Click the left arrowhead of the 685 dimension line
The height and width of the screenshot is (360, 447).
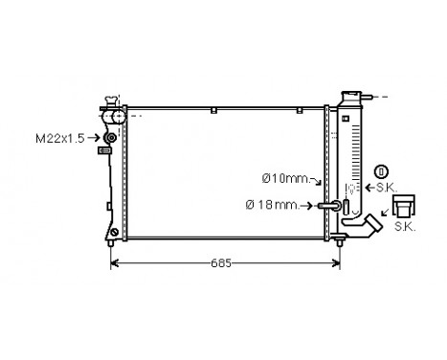click(117, 261)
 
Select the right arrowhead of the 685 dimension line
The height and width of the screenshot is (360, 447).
click(338, 261)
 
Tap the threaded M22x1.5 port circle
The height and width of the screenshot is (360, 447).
click(110, 138)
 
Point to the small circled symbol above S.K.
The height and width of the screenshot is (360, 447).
click(382, 171)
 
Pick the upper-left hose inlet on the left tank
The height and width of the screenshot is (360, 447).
click(116, 117)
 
